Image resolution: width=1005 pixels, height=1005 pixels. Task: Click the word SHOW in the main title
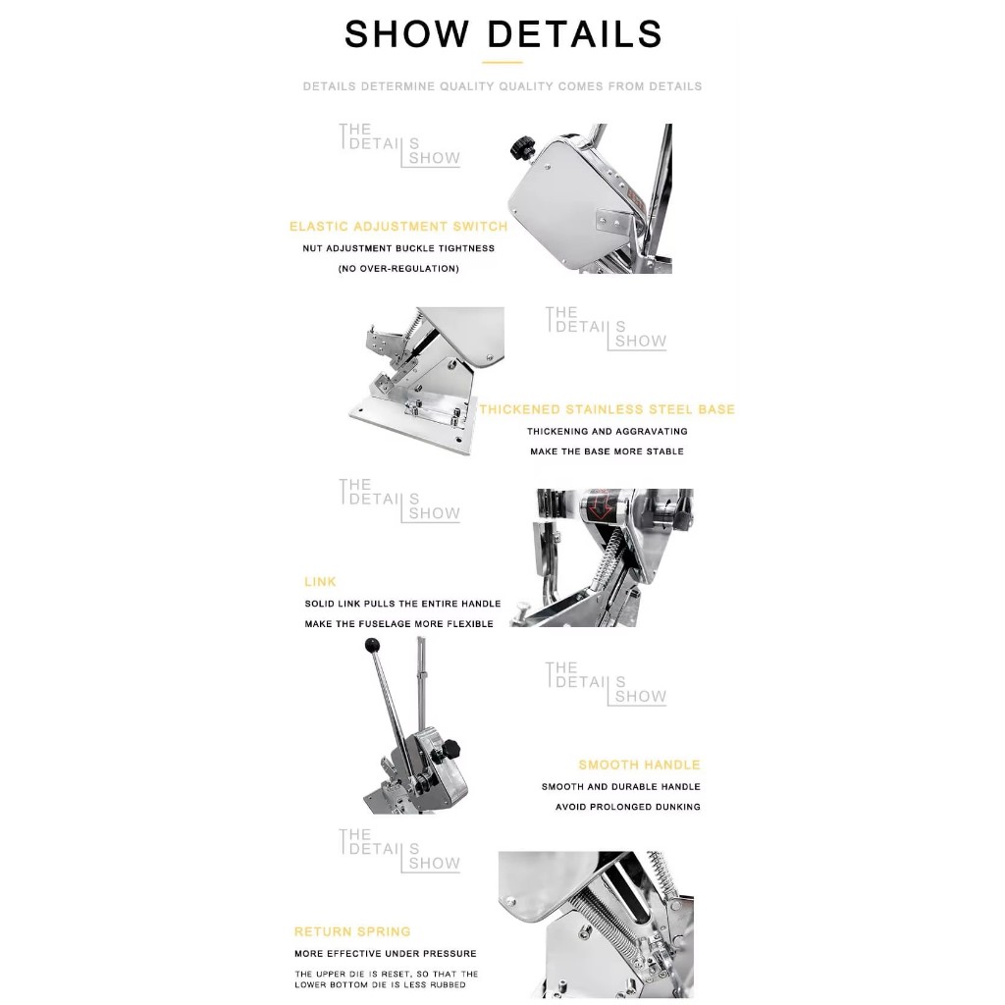[406, 34]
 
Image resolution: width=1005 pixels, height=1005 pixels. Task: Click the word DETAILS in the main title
[575, 34]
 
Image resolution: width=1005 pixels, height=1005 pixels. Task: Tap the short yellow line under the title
[502, 63]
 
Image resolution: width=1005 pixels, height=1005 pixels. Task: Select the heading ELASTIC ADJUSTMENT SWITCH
[398, 227]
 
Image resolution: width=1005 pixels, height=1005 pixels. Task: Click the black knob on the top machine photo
[523, 148]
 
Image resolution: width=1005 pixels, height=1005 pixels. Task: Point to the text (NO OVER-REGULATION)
[398, 269]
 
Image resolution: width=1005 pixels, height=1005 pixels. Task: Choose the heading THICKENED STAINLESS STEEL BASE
[607, 409]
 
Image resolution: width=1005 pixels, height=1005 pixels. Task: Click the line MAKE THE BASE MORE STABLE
[607, 451]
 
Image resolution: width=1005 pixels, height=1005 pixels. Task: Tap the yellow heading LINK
[320, 582]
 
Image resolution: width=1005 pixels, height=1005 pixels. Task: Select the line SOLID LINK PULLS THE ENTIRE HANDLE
[402, 604]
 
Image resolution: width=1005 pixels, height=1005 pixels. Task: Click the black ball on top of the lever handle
[372, 645]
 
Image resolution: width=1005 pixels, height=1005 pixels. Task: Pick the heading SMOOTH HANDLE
[639, 765]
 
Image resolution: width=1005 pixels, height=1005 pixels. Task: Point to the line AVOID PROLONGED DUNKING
[628, 807]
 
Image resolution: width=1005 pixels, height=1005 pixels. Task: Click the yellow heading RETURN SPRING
[352, 932]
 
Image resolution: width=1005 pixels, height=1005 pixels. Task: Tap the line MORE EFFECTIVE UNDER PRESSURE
[386, 954]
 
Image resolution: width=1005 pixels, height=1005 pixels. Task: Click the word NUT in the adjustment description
[312, 248]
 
